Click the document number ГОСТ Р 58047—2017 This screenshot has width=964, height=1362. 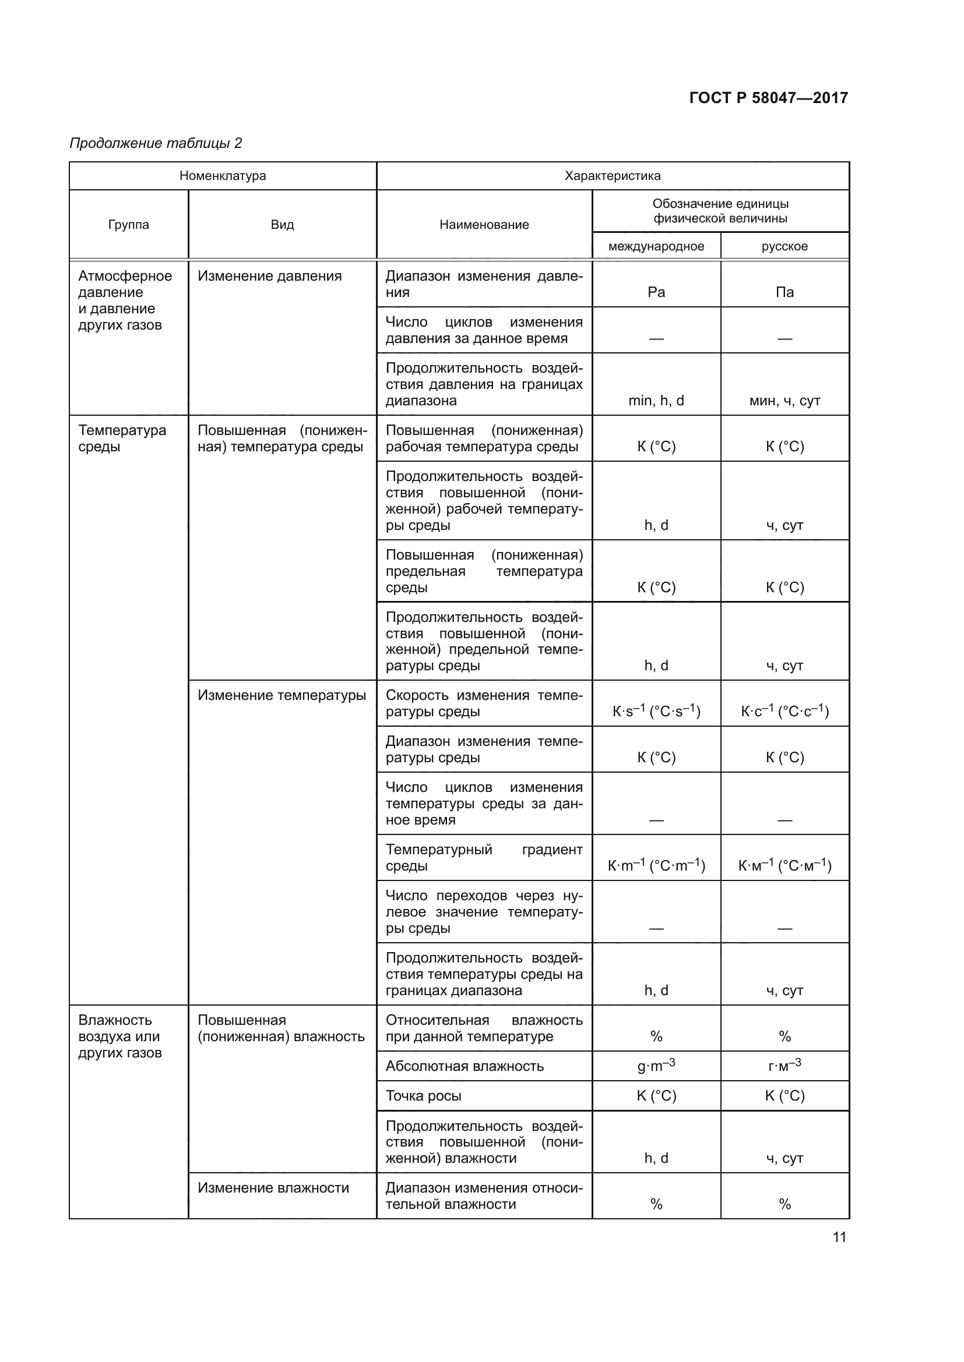(768, 98)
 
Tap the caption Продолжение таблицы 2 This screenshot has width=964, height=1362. (156, 143)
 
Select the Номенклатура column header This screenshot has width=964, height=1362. (223, 176)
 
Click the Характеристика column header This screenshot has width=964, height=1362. (612, 176)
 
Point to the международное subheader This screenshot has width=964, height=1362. (656, 246)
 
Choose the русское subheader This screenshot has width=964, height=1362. (784, 246)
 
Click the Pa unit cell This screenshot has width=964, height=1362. (656, 292)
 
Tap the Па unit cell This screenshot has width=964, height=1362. (784, 292)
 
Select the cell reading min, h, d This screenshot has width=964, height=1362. (656, 401)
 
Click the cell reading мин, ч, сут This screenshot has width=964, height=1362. (784, 401)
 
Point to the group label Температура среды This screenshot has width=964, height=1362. (122, 438)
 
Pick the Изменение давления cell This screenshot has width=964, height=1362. (269, 276)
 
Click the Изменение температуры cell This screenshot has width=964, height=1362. (282, 695)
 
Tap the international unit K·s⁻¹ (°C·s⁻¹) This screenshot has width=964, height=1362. (656, 710)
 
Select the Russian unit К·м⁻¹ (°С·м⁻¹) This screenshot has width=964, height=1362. (784, 865)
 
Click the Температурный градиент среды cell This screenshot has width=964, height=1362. (484, 857)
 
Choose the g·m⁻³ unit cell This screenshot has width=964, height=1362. (656, 1066)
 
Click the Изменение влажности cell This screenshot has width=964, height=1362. (273, 1187)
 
